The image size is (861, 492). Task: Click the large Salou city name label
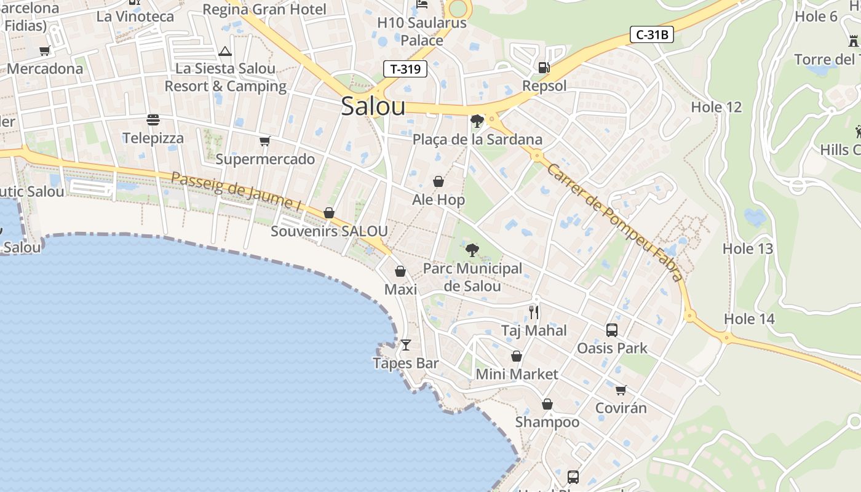pyautogui.click(x=373, y=106)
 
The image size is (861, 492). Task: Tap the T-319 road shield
pyautogui.click(x=405, y=69)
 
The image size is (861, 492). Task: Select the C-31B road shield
pyautogui.click(x=651, y=35)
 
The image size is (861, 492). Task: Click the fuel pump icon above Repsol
pyautogui.click(x=544, y=68)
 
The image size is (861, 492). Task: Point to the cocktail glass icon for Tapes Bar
pyautogui.click(x=405, y=345)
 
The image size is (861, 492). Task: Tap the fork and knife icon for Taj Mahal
pyautogui.click(x=534, y=312)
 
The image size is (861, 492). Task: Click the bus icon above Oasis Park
pyautogui.click(x=612, y=330)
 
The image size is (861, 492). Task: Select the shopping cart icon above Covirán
pyautogui.click(x=621, y=390)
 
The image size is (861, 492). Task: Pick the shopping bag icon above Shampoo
pyautogui.click(x=547, y=404)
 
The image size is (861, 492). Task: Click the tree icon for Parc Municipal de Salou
pyautogui.click(x=472, y=250)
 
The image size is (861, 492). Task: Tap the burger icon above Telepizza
pyautogui.click(x=153, y=120)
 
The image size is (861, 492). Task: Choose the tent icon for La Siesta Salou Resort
pyautogui.click(x=225, y=51)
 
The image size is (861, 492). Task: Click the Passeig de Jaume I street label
pyautogui.click(x=236, y=191)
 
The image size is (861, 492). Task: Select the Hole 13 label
pyautogui.click(x=747, y=249)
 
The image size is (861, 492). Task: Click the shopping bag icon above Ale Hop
pyautogui.click(x=438, y=181)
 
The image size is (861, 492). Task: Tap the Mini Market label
pyautogui.click(x=517, y=374)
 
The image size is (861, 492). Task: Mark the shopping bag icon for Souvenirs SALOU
pyautogui.click(x=329, y=213)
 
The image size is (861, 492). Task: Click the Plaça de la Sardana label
pyautogui.click(x=477, y=140)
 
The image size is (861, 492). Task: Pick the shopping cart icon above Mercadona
pyautogui.click(x=44, y=51)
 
